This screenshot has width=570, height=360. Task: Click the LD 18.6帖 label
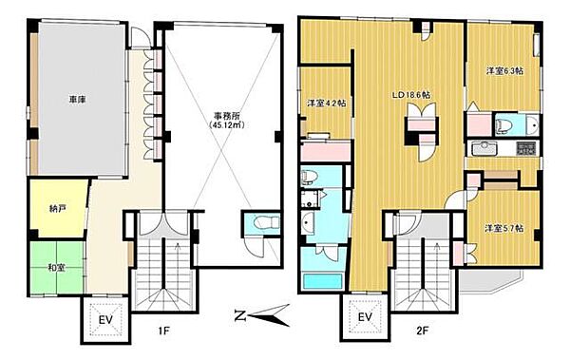(413, 95)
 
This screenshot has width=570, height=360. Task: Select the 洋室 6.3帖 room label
(503, 71)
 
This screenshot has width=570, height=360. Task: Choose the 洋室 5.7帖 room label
(503, 228)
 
